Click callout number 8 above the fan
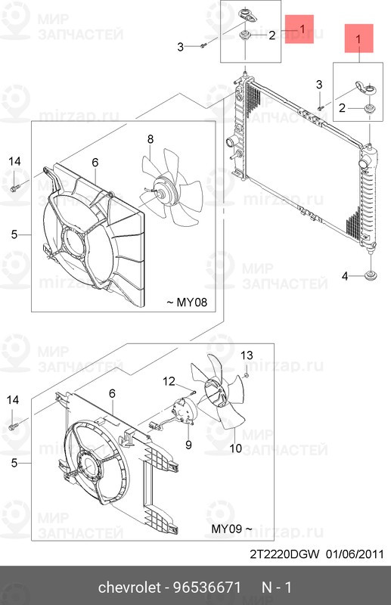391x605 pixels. (x=151, y=139)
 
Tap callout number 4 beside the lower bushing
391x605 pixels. (x=345, y=276)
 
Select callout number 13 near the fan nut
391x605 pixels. (x=247, y=355)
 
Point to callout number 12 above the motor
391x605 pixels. (x=169, y=381)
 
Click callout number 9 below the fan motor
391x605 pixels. (x=188, y=445)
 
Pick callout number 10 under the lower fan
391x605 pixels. (x=236, y=448)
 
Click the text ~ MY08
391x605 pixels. (x=187, y=302)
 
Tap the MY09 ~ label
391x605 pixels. (x=232, y=529)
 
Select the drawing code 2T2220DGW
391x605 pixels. (x=285, y=554)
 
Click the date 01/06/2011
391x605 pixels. (x=355, y=554)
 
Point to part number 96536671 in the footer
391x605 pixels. (x=207, y=588)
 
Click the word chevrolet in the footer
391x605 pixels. (x=129, y=588)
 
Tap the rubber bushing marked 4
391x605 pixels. (x=371, y=276)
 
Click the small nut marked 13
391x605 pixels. (x=246, y=375)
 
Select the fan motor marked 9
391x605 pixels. (x=183, y=411)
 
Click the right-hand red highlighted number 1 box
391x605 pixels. (x=359, y=39)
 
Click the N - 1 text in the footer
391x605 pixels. (x=277, y=588)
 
